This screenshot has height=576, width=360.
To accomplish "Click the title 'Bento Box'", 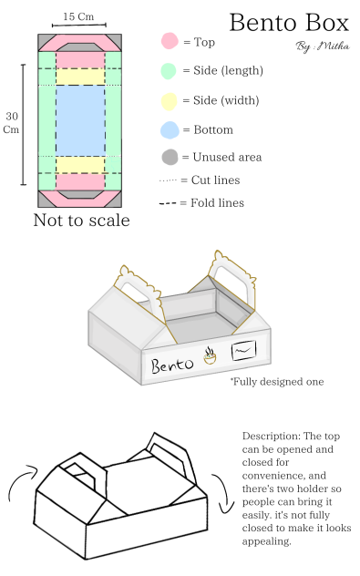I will (289, 22).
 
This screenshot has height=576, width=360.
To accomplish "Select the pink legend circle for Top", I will (170, 41).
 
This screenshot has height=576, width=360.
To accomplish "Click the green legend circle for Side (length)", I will (170, 70).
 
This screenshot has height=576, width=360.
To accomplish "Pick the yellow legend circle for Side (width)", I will (170, 100).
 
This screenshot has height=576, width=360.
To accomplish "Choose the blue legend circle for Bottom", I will (170, 129).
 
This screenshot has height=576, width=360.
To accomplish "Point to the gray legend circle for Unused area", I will (170, 157).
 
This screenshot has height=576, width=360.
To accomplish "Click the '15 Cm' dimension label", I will (77, 16).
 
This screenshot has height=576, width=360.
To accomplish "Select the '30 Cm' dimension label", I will (12, 122).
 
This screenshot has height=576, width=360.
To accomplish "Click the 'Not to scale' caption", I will (81, 221).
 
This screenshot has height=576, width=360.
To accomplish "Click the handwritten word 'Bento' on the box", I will (173, 366).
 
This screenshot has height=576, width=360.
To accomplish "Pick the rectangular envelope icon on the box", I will (244, 349).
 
